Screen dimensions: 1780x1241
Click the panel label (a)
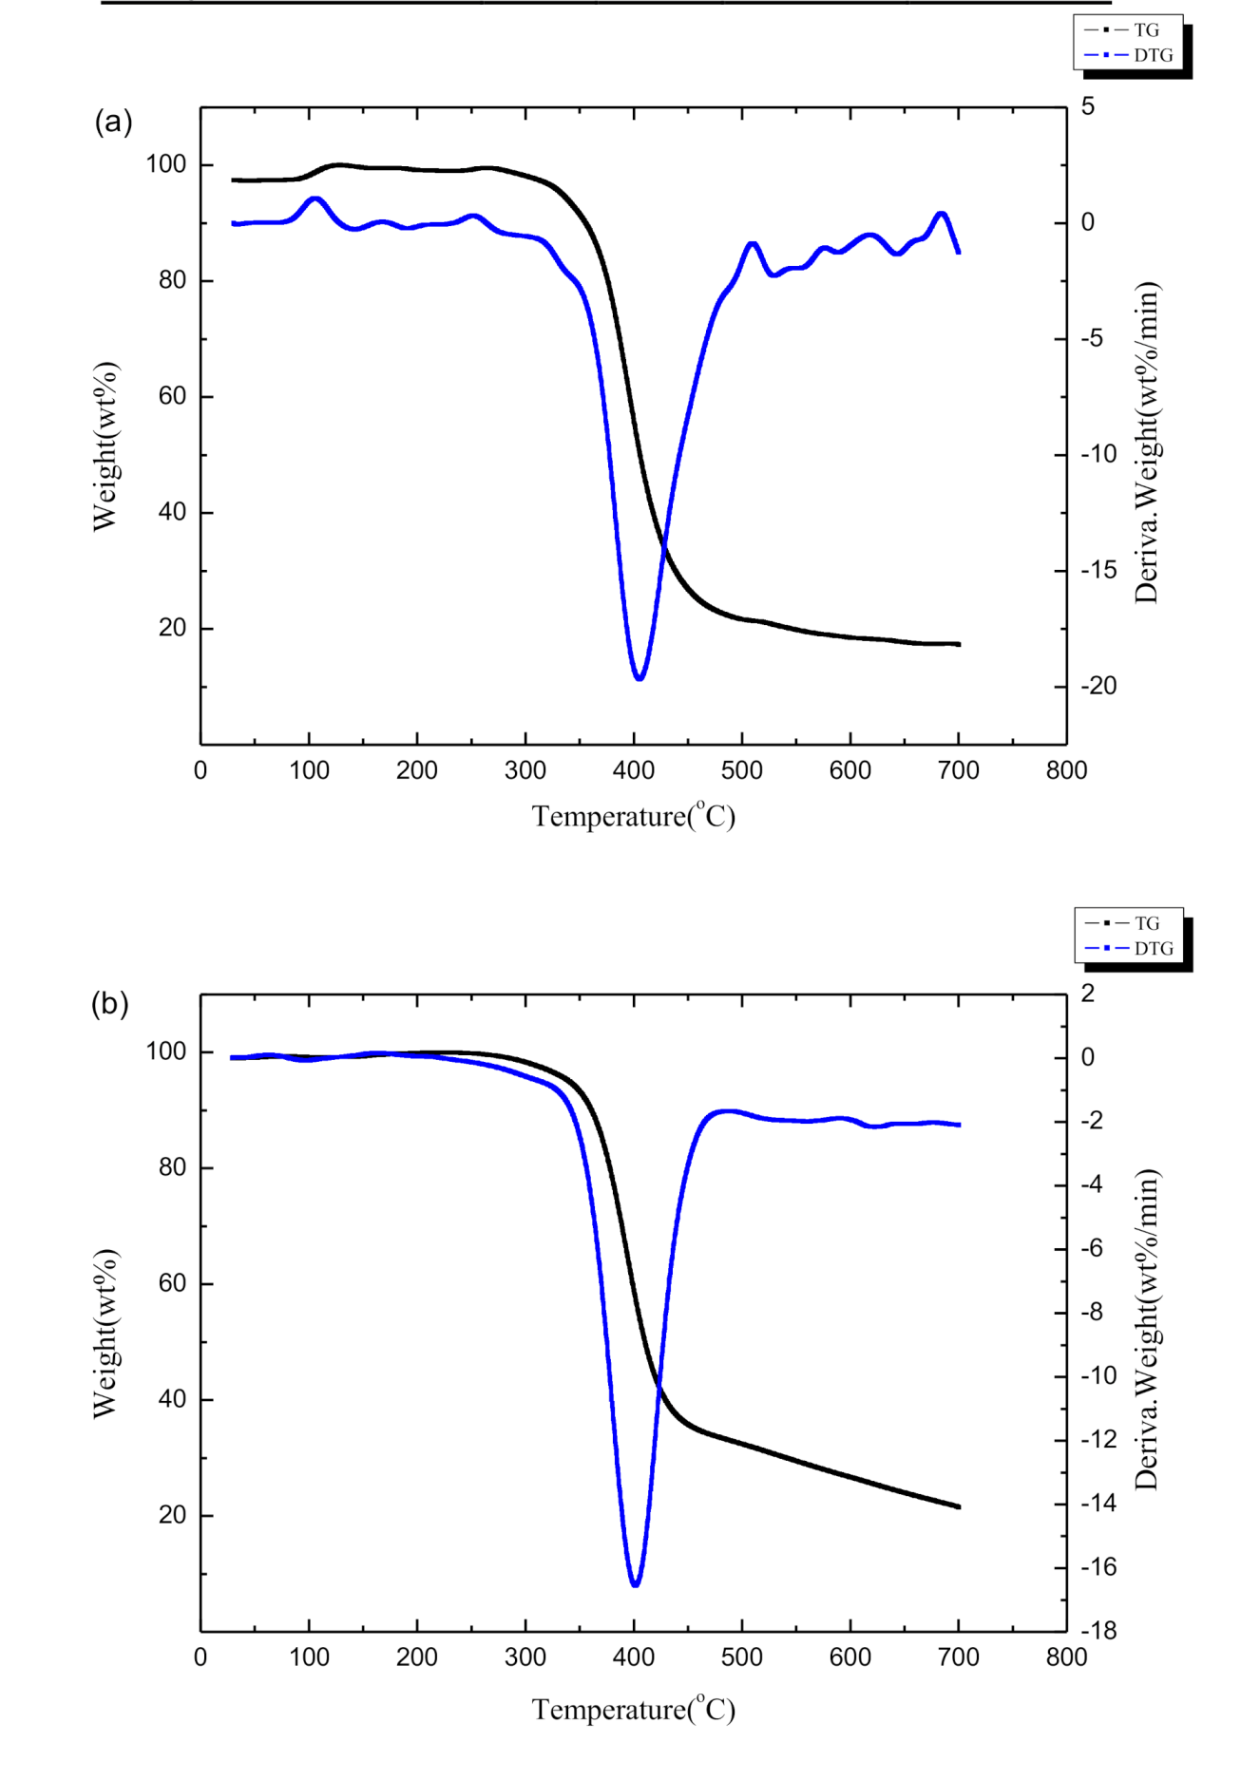coord(113,122)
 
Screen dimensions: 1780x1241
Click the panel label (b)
coord(109,1004)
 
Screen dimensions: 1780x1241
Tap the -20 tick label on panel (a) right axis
coord(1098,686)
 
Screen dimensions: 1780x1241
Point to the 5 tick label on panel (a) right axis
coord(1088,106)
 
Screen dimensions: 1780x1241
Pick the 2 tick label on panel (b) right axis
coord(1088,994)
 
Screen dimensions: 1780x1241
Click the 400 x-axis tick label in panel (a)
coord(633,770)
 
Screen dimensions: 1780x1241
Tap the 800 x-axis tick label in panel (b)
coord(1066,1657)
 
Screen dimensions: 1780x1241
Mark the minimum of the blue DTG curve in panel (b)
coord(635,1585)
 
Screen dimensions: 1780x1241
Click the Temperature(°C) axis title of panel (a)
coord(633,816)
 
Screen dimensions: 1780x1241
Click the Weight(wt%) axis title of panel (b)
coord(105,1334)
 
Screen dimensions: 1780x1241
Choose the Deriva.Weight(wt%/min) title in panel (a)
coord(1147,443)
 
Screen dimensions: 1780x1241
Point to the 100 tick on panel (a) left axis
coord(166,164)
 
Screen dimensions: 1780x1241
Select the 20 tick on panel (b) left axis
coord(173,1515)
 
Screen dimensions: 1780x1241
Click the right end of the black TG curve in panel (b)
coord(959,1506)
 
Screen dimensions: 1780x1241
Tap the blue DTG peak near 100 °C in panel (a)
coord(315,199)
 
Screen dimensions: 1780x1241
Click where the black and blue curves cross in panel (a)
coord(663,547)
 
